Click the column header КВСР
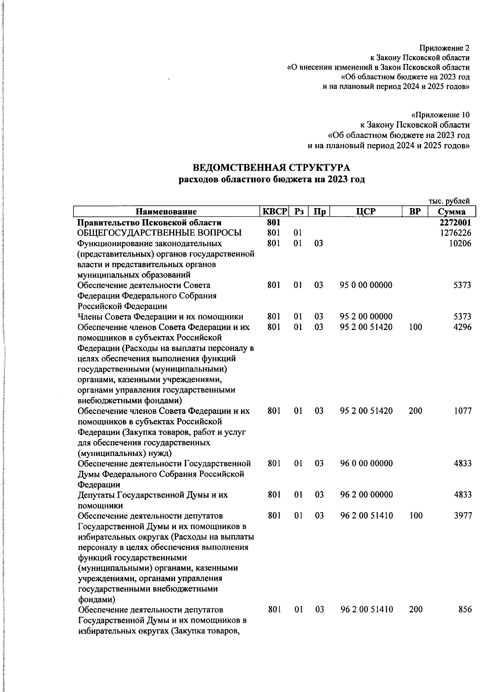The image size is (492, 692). [274, 212]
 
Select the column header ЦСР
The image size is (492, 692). [366, 212]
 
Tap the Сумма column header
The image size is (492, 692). [451, 212]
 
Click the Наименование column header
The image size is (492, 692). [166, 212]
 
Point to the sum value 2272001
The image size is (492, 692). [455, 222]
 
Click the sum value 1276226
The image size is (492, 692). [455, 233]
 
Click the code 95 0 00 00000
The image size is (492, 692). [366, 285]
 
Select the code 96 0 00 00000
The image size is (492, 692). [366, 463]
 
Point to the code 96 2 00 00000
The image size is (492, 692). [366, 495]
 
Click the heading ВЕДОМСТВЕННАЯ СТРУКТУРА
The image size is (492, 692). [271, 168]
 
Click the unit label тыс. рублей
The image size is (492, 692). [449, 201]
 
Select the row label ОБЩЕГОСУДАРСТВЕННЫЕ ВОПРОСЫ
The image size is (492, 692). [159, 233]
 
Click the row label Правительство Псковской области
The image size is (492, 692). [150, 222]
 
